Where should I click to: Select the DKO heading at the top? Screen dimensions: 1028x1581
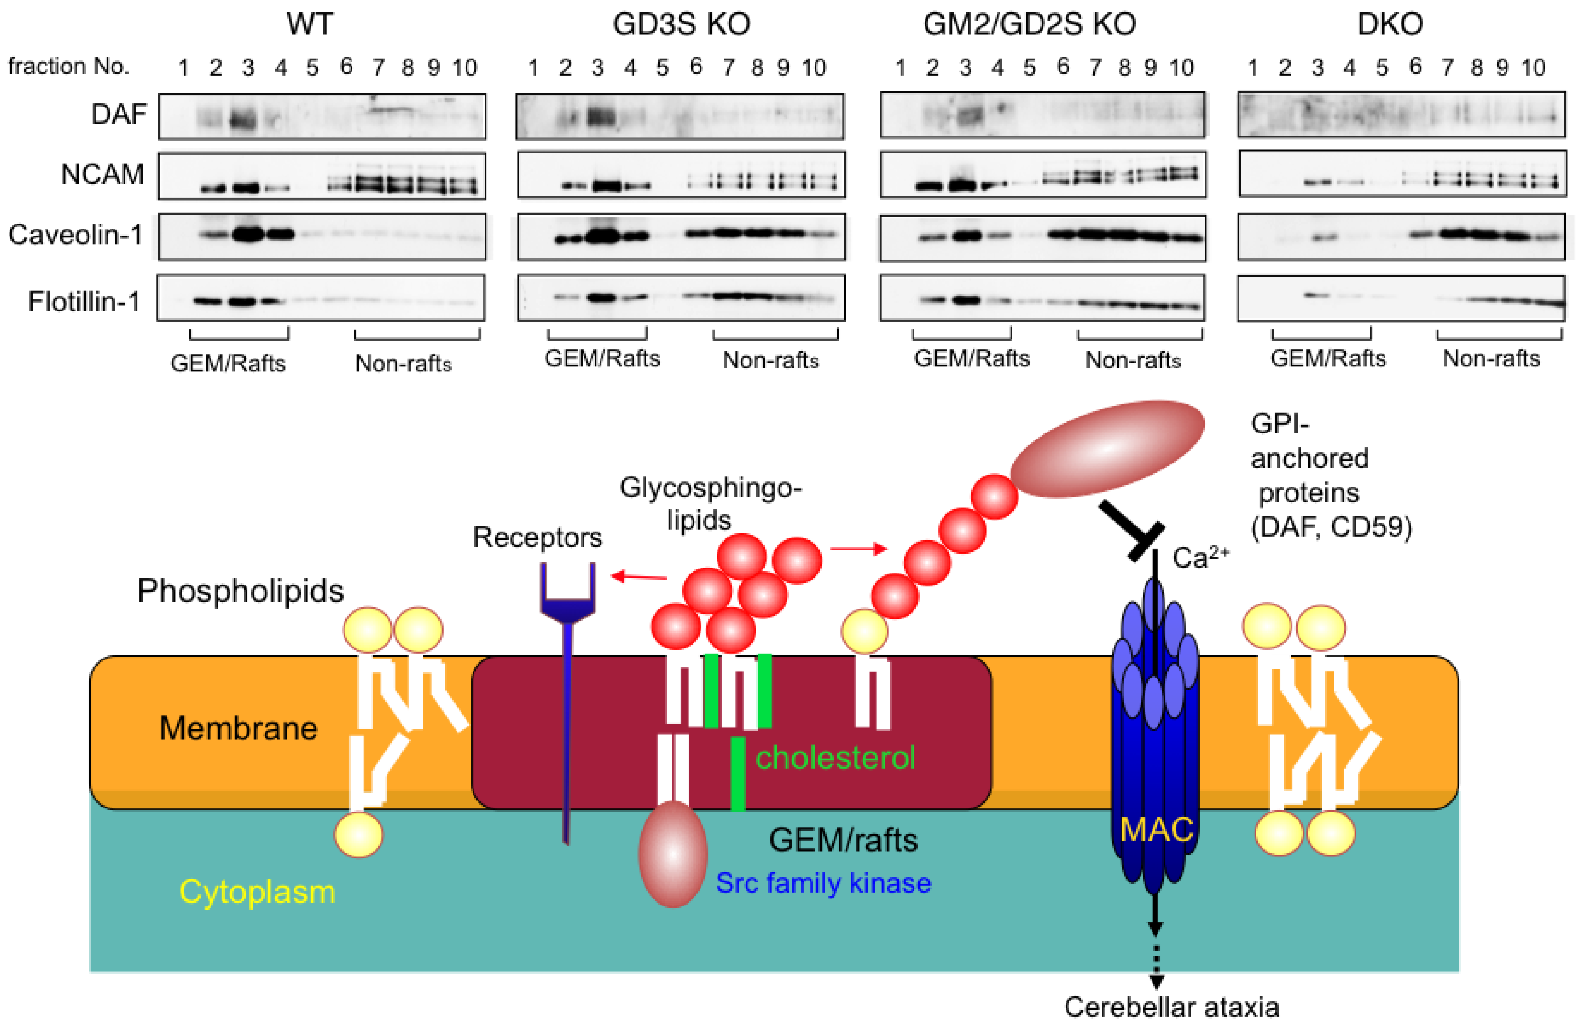click(1389, 24)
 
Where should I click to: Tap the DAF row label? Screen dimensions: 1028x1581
click(118, 114)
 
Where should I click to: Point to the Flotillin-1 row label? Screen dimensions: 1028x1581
click(84, 302)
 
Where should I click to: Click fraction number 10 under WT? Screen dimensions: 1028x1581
click(464, 68)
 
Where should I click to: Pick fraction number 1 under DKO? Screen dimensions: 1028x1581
click(1253, 68)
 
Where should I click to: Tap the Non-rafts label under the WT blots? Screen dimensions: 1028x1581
click(403, 364)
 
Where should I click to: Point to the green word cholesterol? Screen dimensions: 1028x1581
click(835, 758)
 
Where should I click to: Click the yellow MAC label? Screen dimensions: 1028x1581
click(1156, 829)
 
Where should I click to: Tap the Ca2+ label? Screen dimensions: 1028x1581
click(1200, 557)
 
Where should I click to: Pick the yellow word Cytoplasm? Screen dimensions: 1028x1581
click(257, 892)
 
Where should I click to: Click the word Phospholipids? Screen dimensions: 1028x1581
click(241, 591)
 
